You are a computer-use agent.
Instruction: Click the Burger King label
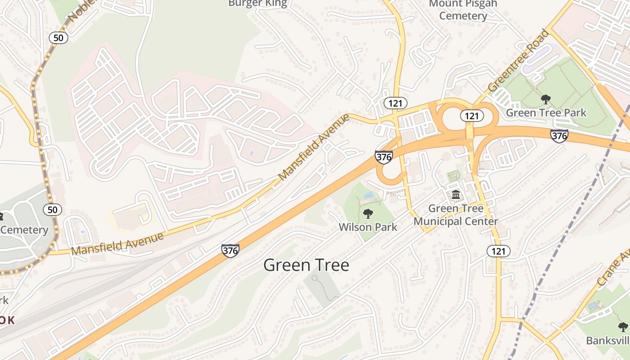coord(257,4)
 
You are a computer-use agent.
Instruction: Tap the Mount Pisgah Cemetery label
coord(463,10)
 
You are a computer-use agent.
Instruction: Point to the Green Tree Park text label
coord(546,112)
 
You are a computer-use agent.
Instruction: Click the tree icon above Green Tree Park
coord(546,99)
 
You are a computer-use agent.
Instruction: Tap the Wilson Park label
coord(368,227)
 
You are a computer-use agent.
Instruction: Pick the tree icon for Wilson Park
coord(368,213)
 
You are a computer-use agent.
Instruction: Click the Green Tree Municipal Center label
coord(455,215)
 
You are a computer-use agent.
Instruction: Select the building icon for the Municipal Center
coord(456,195)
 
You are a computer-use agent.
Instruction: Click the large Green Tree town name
coord(306,265)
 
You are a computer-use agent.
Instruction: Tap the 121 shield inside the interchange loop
coord(472,116)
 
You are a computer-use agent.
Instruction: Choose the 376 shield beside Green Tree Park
coord(559,135)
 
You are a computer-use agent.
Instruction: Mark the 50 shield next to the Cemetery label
coord(53,209)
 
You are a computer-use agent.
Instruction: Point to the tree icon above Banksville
coord(623,327)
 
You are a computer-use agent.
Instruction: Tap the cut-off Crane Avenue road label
coord(614,268)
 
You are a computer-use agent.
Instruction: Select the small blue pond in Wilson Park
coord(368,195)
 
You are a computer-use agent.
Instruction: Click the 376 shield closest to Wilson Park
coord(383,157)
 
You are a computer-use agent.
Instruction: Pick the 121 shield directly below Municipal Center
coord(499,251)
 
